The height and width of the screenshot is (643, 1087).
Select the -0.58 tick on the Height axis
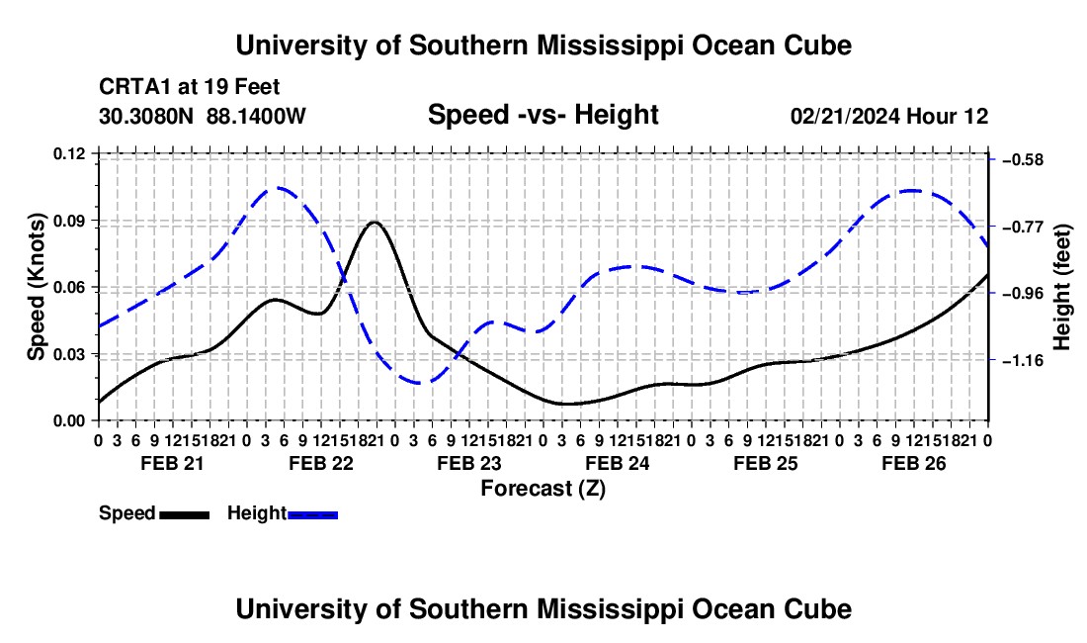(x=1023, y=160)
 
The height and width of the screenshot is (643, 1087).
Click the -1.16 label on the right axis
(x=1023, y=361)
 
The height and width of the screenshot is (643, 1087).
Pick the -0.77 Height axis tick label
(x=1023, y=227)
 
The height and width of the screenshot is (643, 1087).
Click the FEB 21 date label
(x=173, y=463)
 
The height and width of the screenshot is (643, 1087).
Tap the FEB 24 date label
(x=617, y=463)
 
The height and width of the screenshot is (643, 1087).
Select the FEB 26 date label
(x=914, y=463)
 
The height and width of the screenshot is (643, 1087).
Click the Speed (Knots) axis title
(x=37, y=287)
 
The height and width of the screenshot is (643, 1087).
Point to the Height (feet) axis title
(x=1063, y=287)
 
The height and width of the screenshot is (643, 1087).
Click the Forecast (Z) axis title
(x=543, y=489)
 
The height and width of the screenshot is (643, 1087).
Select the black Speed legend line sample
(x=185, y=514)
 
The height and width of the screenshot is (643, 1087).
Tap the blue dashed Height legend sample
(x=312, y=514)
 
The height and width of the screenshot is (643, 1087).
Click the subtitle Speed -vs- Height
(x=543, y=115)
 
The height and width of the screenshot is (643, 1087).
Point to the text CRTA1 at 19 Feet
(x=190, y=87)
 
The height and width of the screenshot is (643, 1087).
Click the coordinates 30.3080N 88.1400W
(x=203, y=116)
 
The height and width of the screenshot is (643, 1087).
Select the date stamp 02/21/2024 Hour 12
(x=889, y=116)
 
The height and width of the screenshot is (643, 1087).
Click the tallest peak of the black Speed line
(x=375, y=222)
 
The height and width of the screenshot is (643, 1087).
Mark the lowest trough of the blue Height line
(x=419, y=383)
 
